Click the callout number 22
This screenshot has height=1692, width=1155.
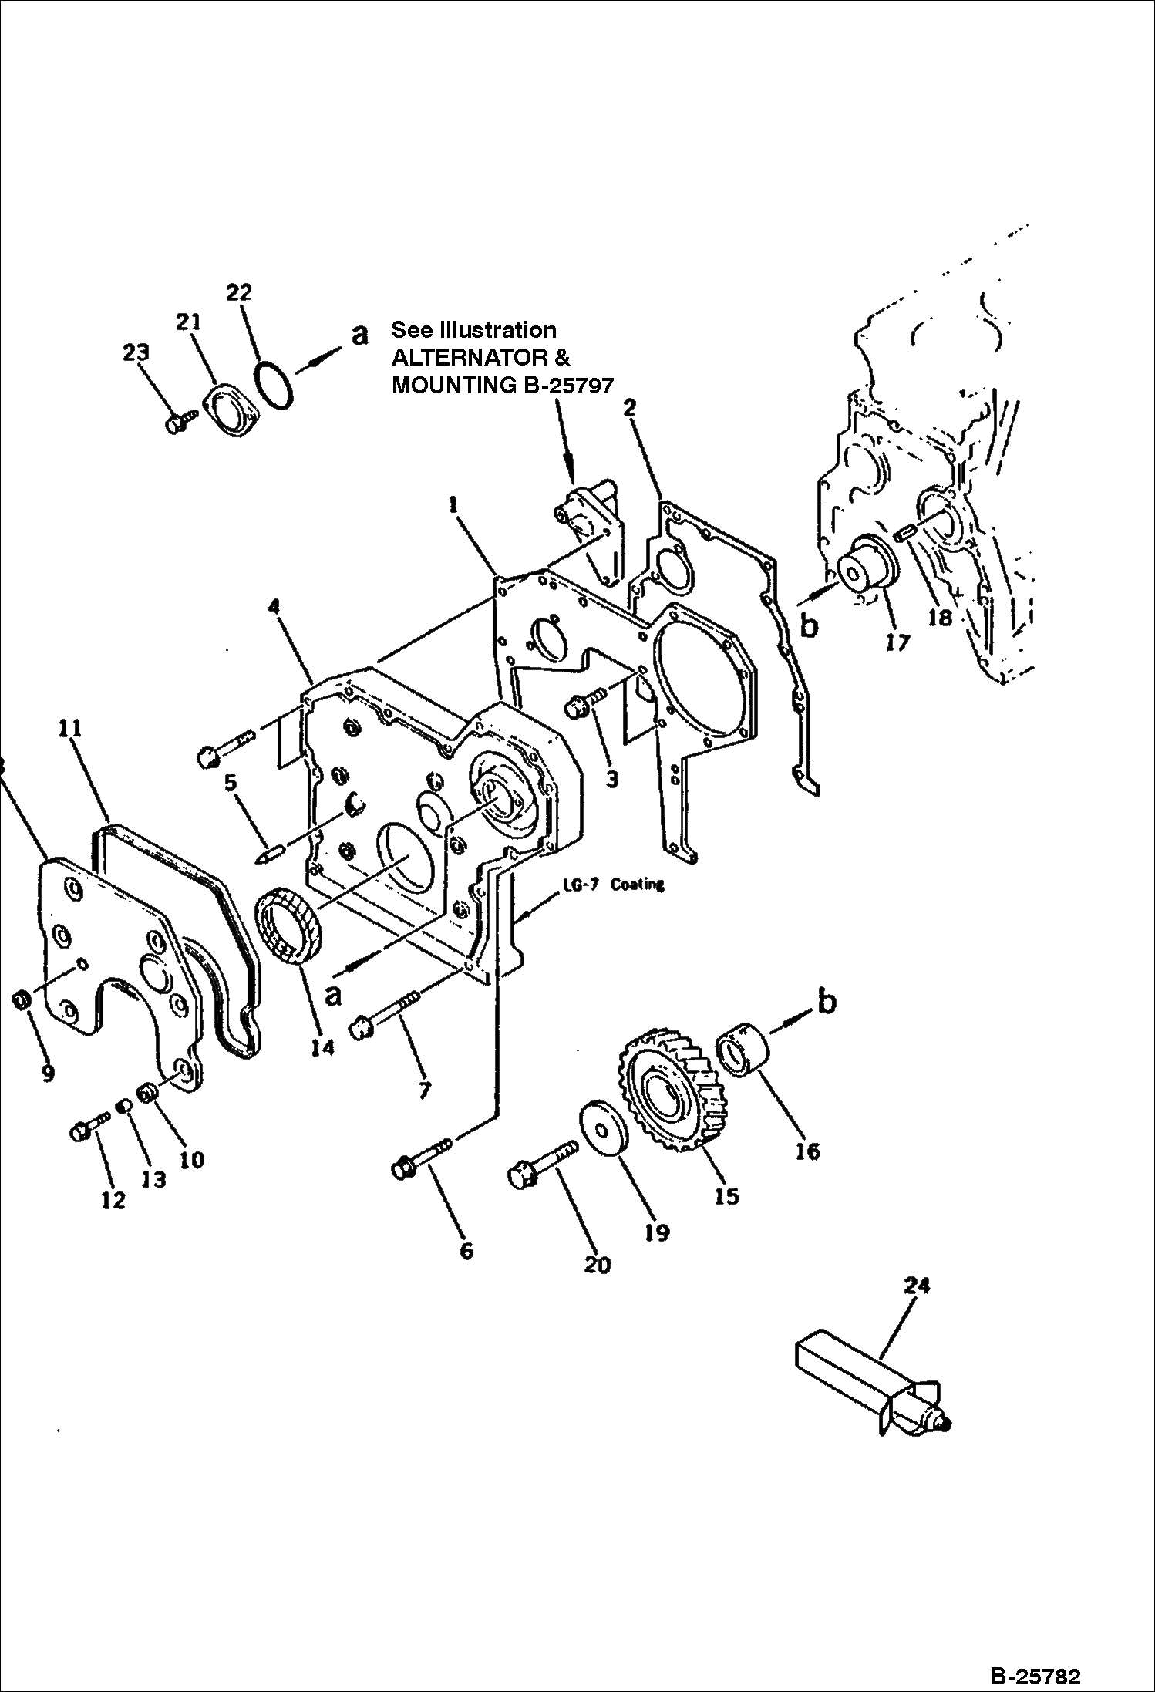pos(239,292)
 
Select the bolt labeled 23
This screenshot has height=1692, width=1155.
pos(181,421)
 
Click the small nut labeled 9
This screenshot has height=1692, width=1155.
pos(22,1001)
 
